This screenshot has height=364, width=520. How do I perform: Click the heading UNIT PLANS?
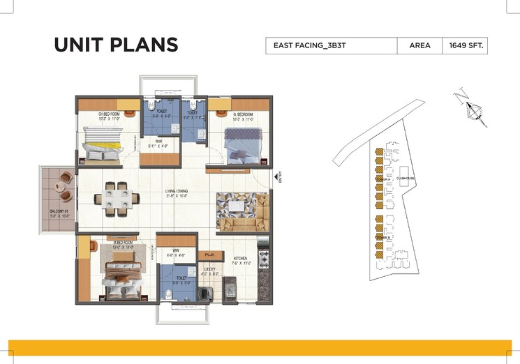(115, 45)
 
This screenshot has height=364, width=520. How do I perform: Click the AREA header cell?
(419, 46)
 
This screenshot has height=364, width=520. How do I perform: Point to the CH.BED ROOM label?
(101, 114)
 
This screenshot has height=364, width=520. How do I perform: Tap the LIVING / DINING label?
(177, 192)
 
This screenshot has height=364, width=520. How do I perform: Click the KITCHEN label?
(241, 261)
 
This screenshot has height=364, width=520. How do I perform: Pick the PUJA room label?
(209, 255)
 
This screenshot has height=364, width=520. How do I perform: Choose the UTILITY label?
(209, 270)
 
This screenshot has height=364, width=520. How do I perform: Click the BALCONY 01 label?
(57, 213)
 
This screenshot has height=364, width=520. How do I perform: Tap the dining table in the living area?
(116, 198)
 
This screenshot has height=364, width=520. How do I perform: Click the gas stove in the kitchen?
(263, 258)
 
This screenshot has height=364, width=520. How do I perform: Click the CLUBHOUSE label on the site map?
(406, 179)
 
